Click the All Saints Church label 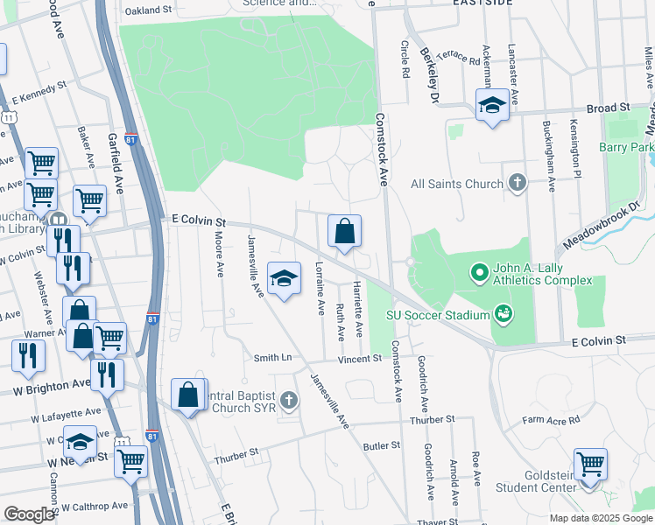tap(457, 184)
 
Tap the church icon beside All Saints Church tap(518, 183)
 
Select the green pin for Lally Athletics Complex tap(479, 274)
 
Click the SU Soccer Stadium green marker tap(503, 312)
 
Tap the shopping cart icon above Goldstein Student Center tap(591, 463)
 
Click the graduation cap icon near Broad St tap(492, 106)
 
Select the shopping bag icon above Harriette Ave tap(345, 232)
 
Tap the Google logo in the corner tap(28, 514)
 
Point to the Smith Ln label tap(272, 357)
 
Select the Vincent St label tap(360, 358)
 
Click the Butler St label tap(381, 445)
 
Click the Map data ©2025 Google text tap(600, 517)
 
